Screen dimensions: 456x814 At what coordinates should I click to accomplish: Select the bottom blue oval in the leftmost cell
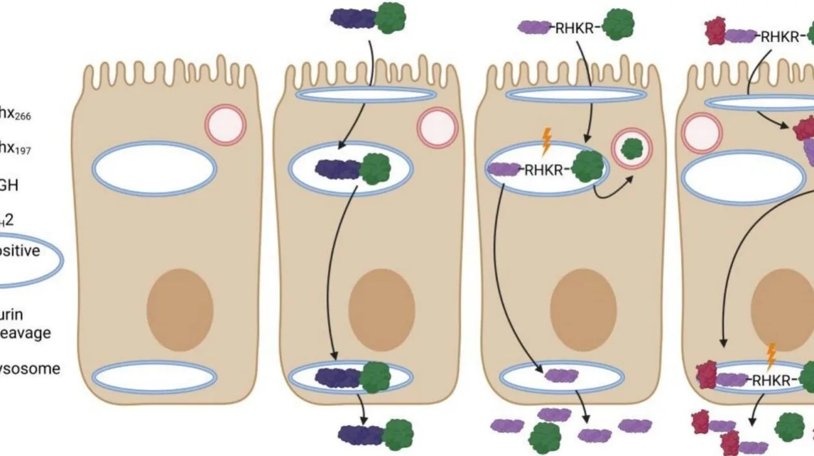154,377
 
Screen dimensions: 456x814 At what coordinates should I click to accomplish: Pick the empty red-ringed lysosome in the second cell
437,128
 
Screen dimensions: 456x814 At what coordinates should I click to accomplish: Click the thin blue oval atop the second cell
366,95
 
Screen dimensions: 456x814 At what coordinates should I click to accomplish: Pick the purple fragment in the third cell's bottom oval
561,375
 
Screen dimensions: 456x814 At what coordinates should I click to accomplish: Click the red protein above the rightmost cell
716,32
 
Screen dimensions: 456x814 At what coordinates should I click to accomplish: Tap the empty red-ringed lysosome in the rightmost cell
700,134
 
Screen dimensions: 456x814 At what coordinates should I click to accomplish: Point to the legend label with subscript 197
14,149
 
